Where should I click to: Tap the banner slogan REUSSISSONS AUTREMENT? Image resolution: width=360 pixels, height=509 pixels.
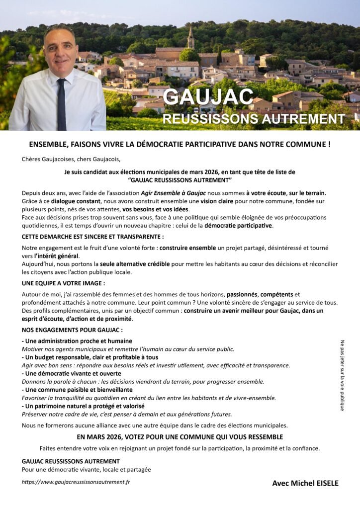254,119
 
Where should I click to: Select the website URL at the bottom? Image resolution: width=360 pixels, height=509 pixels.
76,482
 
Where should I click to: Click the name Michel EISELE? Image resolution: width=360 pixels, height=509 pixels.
305,483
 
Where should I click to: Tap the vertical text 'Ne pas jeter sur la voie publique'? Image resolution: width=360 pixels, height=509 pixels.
342,375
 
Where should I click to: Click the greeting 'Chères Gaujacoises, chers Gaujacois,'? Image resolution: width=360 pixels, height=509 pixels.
71,159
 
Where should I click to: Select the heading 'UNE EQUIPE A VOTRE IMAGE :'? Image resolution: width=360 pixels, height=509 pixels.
63,283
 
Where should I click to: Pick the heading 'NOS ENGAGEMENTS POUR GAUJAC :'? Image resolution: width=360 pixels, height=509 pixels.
72,330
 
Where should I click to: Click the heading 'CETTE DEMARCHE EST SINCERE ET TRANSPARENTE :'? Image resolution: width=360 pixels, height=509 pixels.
92,236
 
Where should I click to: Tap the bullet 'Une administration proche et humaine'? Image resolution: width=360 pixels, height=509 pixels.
77,341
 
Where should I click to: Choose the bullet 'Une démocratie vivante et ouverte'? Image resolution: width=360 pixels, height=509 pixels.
72,373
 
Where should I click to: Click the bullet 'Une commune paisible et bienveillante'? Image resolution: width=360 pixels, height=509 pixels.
77,390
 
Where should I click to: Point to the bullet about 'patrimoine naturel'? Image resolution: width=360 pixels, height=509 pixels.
83,406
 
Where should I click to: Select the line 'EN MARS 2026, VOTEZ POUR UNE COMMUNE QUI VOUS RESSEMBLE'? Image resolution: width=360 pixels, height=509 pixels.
180,437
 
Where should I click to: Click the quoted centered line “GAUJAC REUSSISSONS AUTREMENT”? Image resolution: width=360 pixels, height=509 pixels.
180,180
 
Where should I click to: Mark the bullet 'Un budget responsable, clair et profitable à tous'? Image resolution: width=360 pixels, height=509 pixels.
90,357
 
